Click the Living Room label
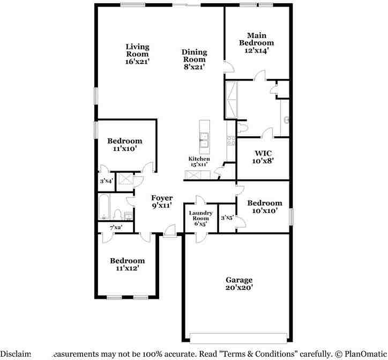[x=137, y=50]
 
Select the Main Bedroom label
[x=256, y=39]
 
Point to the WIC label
[x=264, y=153]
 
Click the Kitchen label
[x=198, y=159]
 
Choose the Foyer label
[x=161, y=199]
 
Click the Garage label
[x=238, y=280]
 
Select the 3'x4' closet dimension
[x=106, y=181]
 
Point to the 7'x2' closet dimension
[x=116, y=227]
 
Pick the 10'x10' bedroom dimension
[x=264, y=211]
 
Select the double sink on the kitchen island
[x=204, y=142]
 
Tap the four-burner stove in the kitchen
[x=231, y=142]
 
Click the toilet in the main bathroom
[x=242, y=128]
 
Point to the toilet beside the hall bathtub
[x=117, y=215]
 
